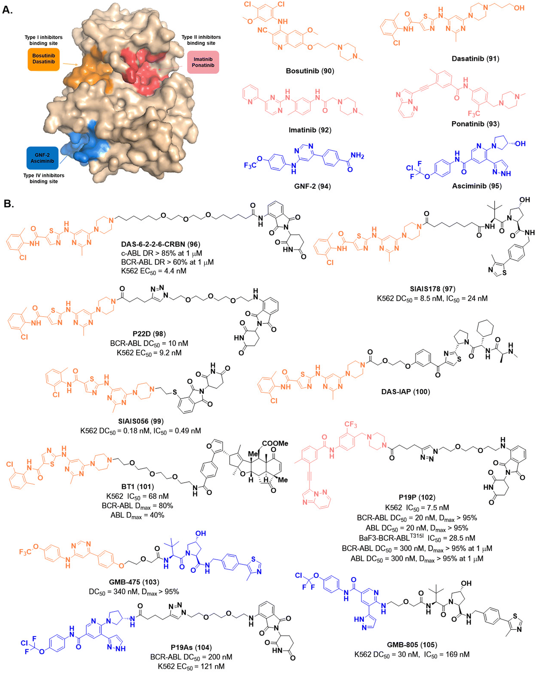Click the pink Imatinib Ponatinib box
pyautogui.click(x=203, y=62)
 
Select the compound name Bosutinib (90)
pyautogui.click(x=310, y=71)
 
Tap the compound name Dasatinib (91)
pyautogui.click(x=475, y=59)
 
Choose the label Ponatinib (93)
pyautogui.click(x=475, y=124)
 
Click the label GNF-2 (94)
pyautogui.click(x=312, y=186)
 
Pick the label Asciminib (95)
pyautogui.click(x=477, y=186)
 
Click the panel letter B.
pyautogui.click(x=8, y=204)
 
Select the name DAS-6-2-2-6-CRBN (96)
pyautogui.click(x=161, y=244)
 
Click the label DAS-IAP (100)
pyautogui.click(x=405, y=392)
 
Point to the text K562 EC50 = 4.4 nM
pyautogui.click(x=153, y=271)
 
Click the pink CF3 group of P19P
pyautogui.click(x=351, y=425)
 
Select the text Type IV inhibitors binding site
pyautogui.click(x=44, y=178)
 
